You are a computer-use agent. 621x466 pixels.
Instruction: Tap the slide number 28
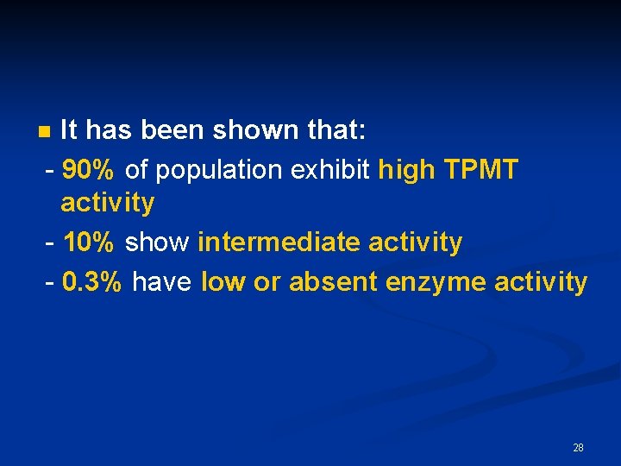click(x=578, y=447)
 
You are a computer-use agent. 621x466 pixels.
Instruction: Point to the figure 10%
click(x=89, y=242)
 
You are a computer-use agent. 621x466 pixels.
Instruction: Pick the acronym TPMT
click(x=480, y=170)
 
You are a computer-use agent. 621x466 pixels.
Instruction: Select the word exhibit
click(x=331, y=170)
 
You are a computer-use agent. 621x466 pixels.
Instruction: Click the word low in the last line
click(x=224, y=281)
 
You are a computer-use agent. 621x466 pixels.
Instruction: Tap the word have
click(x=163, y=281)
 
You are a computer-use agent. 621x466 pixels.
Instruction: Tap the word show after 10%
click(x=157, y=242)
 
